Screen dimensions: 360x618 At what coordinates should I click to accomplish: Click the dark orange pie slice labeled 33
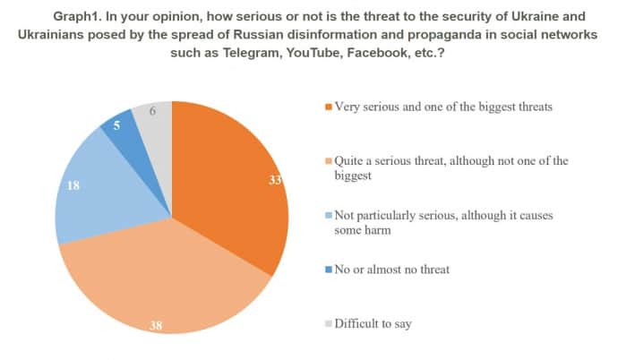click(x=228, y=179)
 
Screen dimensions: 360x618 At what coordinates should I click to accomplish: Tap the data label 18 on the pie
click(x=74, y=185)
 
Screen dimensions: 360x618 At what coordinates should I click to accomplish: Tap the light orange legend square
click(x=329, y=161)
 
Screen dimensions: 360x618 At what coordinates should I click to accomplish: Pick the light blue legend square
click(x=329, y=216)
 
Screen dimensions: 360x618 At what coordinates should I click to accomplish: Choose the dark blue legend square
click(x=329, y=270)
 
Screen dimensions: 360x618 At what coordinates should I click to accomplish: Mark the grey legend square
click(x=329, y=324)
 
